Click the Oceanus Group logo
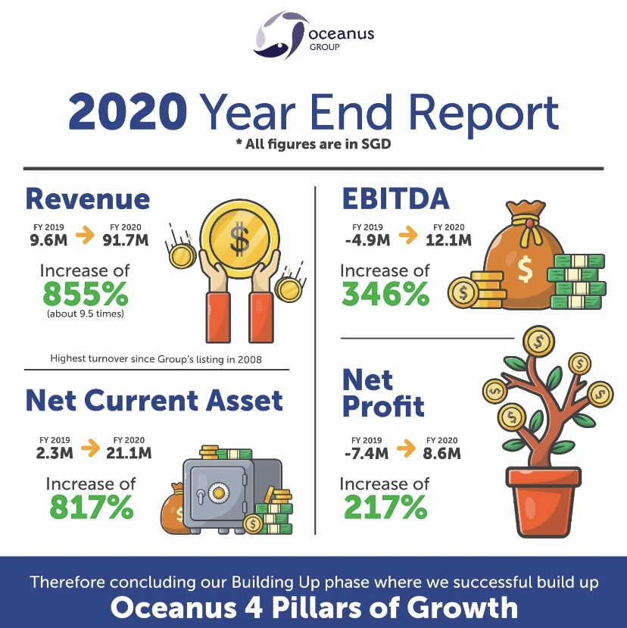[x=313, y=36]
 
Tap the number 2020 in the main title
[x=128, y=111]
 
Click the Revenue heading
[x=88, y=198]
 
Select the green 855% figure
[x=86, y=294]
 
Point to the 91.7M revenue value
[x=125, y=240]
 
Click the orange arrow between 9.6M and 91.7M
[x=86, y=235]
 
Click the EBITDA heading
[x=395, y=198]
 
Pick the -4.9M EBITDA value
[x=367, y=240]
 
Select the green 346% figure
[x=385, y=294]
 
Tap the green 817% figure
[x=92, y=507]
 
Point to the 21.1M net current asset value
[x=129, y=453]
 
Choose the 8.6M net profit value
[x=441, y=453]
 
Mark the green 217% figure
[x=385, y=507]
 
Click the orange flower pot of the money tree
[x=543, y=502]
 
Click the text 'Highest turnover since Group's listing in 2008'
[x=156, y=359]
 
